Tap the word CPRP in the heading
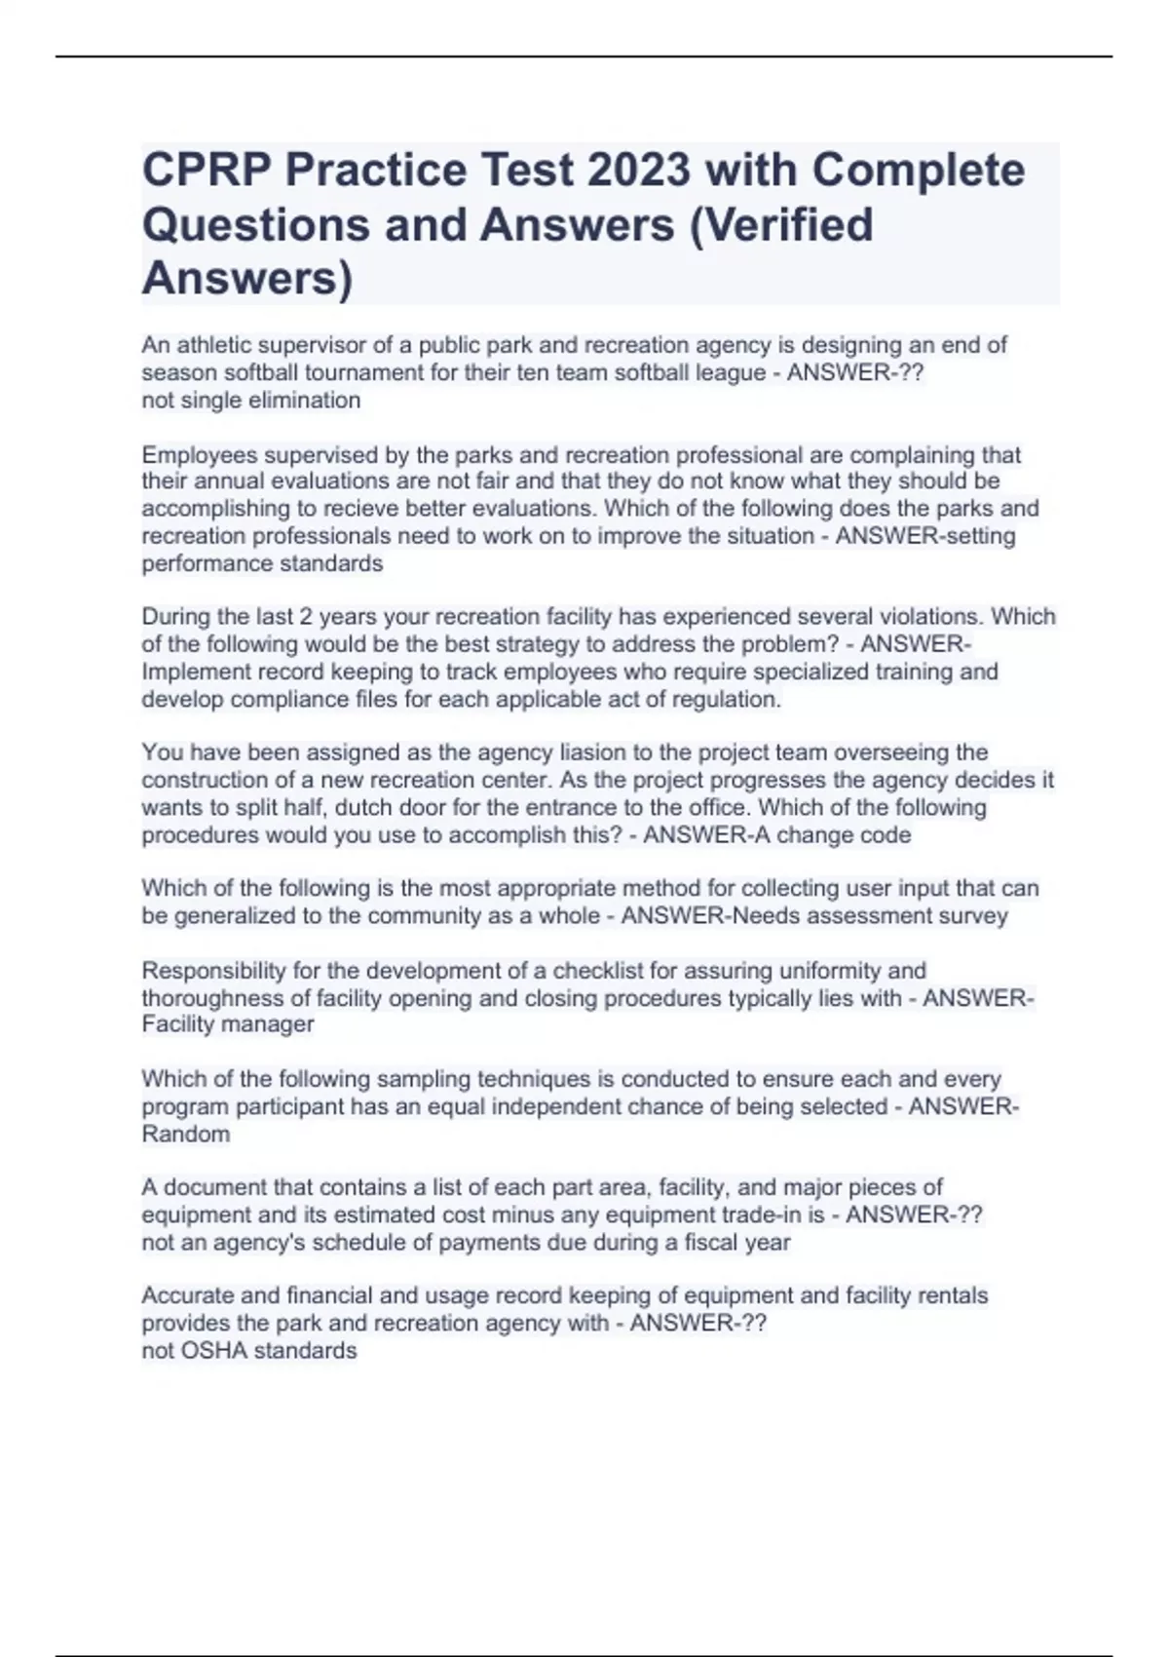coord(207,170)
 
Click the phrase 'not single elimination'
coord(251,401)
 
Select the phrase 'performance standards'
coord(262,563)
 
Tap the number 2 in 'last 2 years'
coord(306,617)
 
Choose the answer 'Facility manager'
coord(228,1024)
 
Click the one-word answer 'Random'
coord(186,1135)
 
